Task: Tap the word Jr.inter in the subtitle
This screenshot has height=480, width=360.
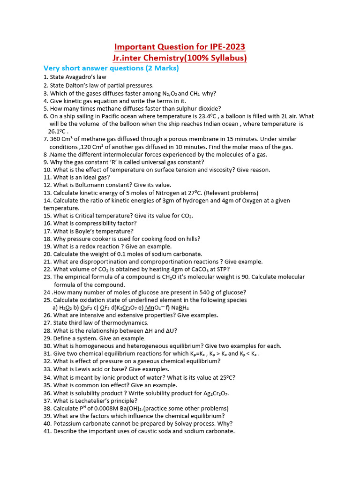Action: point(128,58)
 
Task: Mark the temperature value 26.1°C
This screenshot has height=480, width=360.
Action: point(58,132)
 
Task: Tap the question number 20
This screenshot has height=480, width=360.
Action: point(47,254)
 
